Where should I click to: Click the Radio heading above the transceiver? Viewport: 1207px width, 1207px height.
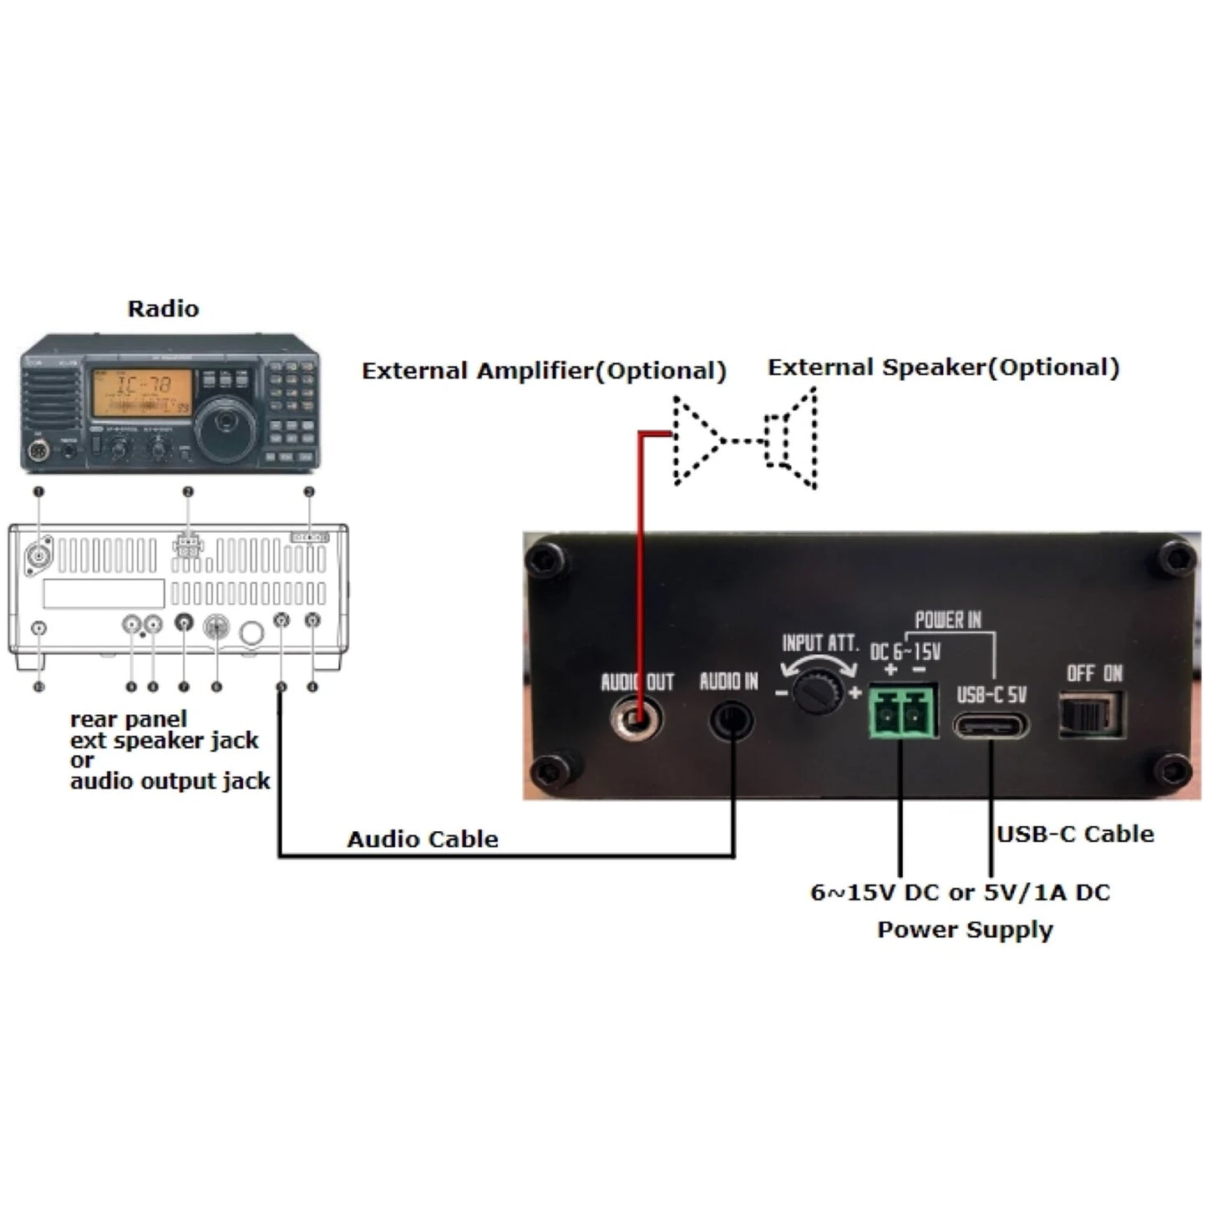coord(163,308)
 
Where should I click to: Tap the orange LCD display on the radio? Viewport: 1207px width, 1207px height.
coord(142,393)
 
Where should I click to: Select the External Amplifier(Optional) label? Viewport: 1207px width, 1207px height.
coord(544,371)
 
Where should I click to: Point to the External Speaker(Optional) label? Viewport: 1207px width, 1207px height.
coord(943,368)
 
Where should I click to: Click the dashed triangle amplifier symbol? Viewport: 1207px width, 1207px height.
coord(695,439)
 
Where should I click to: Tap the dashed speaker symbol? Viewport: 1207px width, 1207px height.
coord(792,439)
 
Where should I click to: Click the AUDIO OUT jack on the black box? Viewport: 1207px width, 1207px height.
coord(636,718)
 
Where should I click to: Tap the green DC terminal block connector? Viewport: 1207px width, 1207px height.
coord(902,712)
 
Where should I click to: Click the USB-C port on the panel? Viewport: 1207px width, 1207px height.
coord(991,724)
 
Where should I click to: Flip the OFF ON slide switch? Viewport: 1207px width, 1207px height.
coord(1091,715)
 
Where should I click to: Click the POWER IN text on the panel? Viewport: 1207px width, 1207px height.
coord(948,620)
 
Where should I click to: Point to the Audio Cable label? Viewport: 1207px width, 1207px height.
coord(423,839)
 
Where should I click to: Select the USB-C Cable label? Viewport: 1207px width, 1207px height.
coord(1075,834)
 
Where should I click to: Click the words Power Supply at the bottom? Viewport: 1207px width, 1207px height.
coord(965,930)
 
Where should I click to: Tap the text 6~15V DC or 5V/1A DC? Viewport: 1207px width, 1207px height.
coord(961,892)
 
